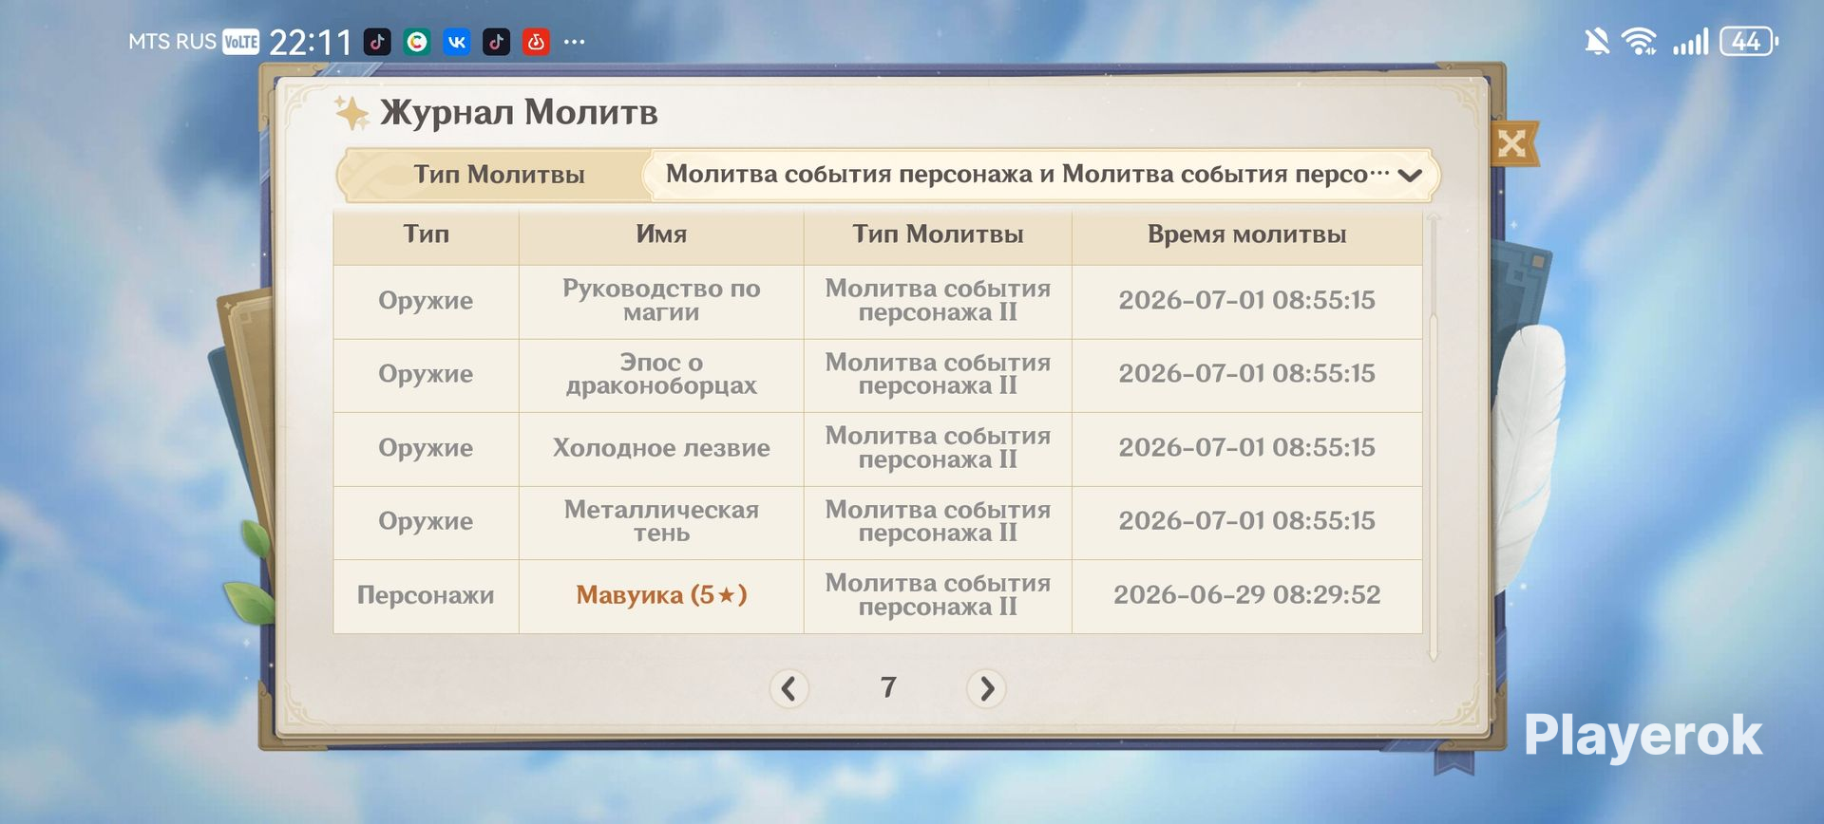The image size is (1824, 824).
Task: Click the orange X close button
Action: coord(1511,143)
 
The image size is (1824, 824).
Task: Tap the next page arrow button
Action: coord(986,688)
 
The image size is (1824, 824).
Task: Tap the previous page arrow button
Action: coord(788,688)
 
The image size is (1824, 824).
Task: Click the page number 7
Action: coord(888,686)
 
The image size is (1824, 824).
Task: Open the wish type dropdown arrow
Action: coord(1410,175)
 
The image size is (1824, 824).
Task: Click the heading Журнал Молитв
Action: coord(519,112)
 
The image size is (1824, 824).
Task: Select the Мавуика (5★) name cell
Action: coord(661,595)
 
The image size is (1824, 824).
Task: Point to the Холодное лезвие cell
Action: coord(661,448)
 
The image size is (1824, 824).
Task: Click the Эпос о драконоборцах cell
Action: coord(661,374)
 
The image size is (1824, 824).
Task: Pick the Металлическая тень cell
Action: coord(661,521)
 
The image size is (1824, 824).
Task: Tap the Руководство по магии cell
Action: coord(661,300)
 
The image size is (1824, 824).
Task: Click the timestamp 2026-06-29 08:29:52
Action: coord(1246,595)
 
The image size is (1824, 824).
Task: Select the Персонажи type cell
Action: coord(426,595)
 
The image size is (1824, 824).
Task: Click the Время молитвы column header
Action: coord(1246,234)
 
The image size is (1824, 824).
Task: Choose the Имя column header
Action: coord(661,234)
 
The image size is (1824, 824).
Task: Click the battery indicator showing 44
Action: coord(1748,42)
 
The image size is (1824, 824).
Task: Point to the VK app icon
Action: coord(457,42)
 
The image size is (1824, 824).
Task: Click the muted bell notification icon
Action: coord(1597,42)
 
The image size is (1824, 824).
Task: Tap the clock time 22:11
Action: coord(311,42)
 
